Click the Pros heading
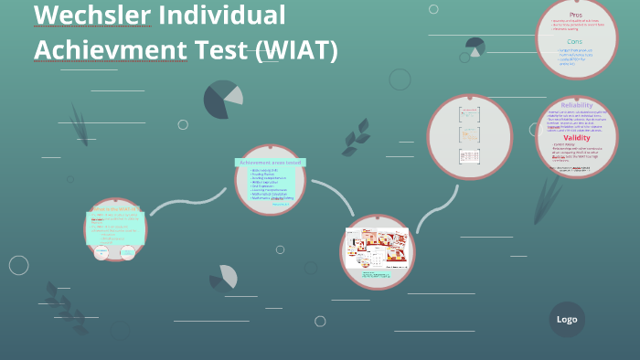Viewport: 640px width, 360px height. pyautogui.click(x=576, y=15)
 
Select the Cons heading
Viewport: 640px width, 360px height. pyautogui.click(x=574, y=42)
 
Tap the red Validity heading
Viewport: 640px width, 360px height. pyautogui.click(x=576, y=138)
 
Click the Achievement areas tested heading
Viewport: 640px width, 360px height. pyautogui.click(x=269, y=162)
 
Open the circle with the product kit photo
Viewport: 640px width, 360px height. pyautogui.click(x=377, y=251)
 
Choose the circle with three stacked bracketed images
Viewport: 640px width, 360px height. pyautogui.click(x=469, y=137)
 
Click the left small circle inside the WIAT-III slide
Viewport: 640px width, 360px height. pyautogui.click(x=101, y=251)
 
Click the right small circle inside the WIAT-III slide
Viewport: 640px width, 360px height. pyautogui.click(x=128, y=251)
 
